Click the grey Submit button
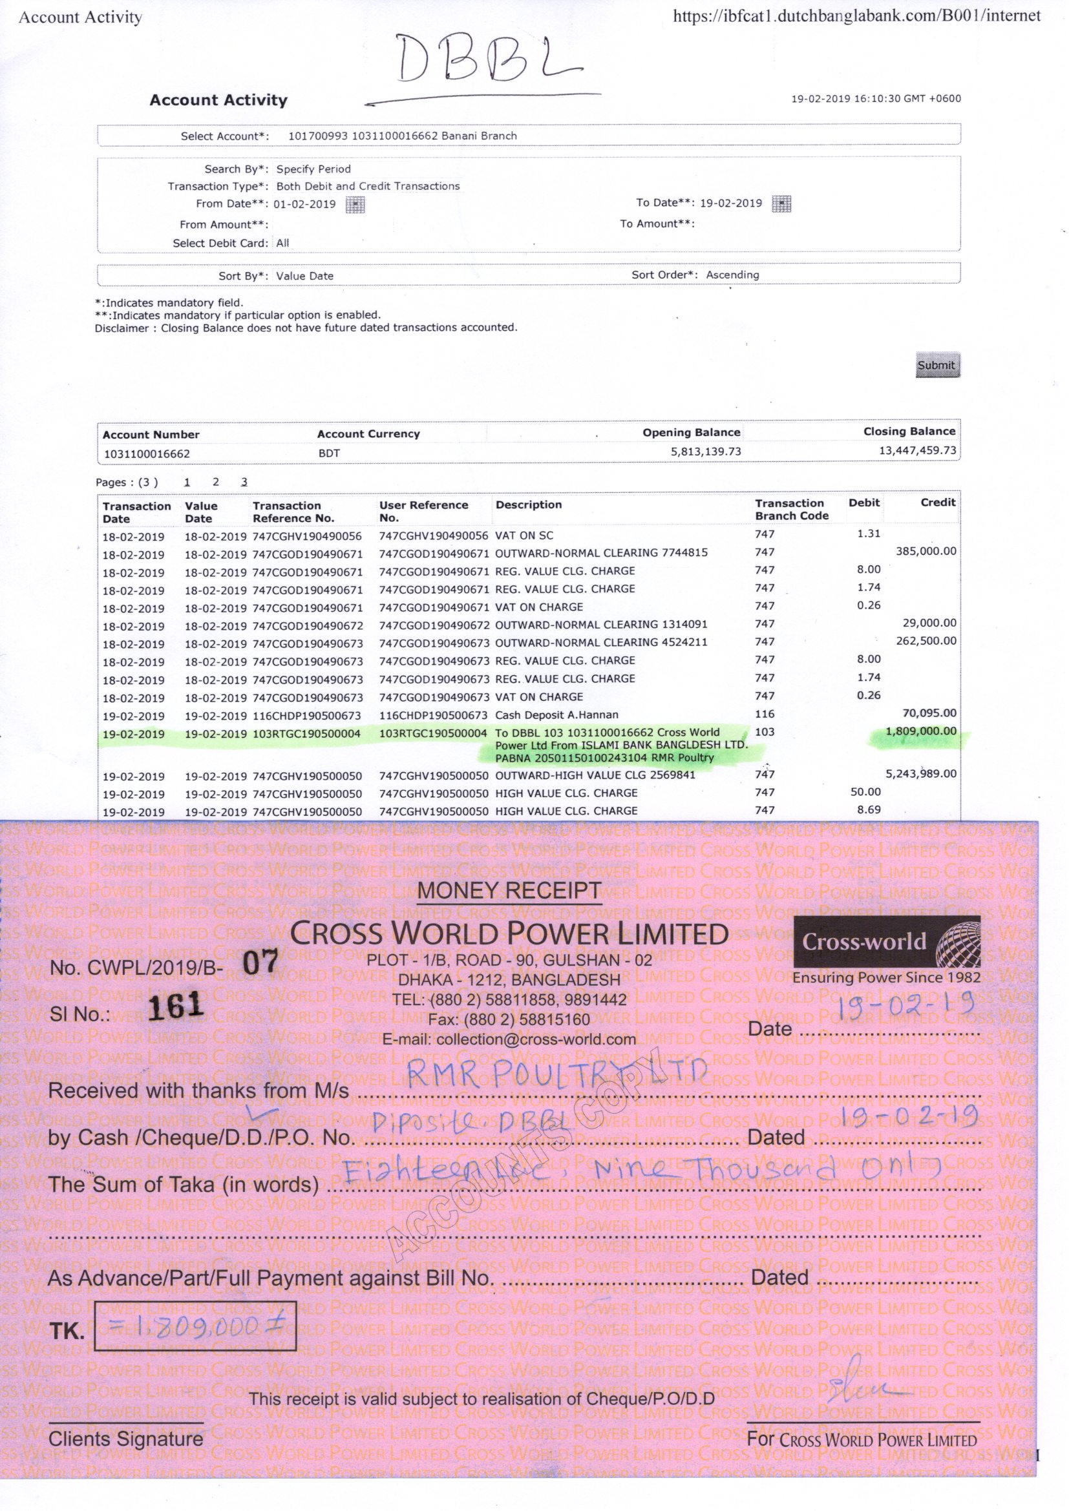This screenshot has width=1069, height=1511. pos(937,365)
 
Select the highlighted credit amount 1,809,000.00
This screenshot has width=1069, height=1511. pos(920,731)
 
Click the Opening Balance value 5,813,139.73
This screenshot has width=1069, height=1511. pos(706,452)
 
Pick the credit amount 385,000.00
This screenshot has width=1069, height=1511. pos(926,552)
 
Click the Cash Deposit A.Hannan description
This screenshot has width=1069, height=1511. pos(556,714)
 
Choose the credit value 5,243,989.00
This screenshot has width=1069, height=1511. pos(920,774)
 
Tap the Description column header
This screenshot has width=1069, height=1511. pos(529,505)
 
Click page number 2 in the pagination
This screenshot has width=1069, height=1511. pos(215,482)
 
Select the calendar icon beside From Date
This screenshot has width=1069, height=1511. pos(355,205)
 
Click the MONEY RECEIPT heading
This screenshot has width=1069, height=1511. pos(509,890)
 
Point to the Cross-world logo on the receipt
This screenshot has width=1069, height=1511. pos(887,942)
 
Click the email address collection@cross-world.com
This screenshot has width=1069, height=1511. pos(509,1040)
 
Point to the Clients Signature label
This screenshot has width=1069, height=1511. pos(126,1439)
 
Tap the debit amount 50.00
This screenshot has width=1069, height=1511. pos(865,792)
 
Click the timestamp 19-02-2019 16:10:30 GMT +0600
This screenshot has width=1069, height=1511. pos(876,99)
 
